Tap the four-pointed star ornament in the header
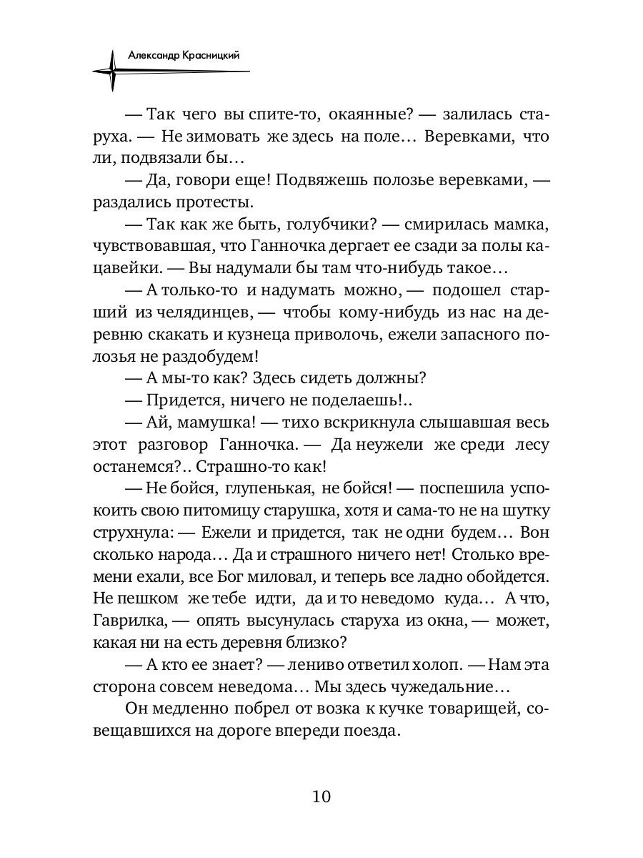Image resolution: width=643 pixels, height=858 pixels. point(111,70)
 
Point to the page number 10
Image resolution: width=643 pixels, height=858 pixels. point(321,797)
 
